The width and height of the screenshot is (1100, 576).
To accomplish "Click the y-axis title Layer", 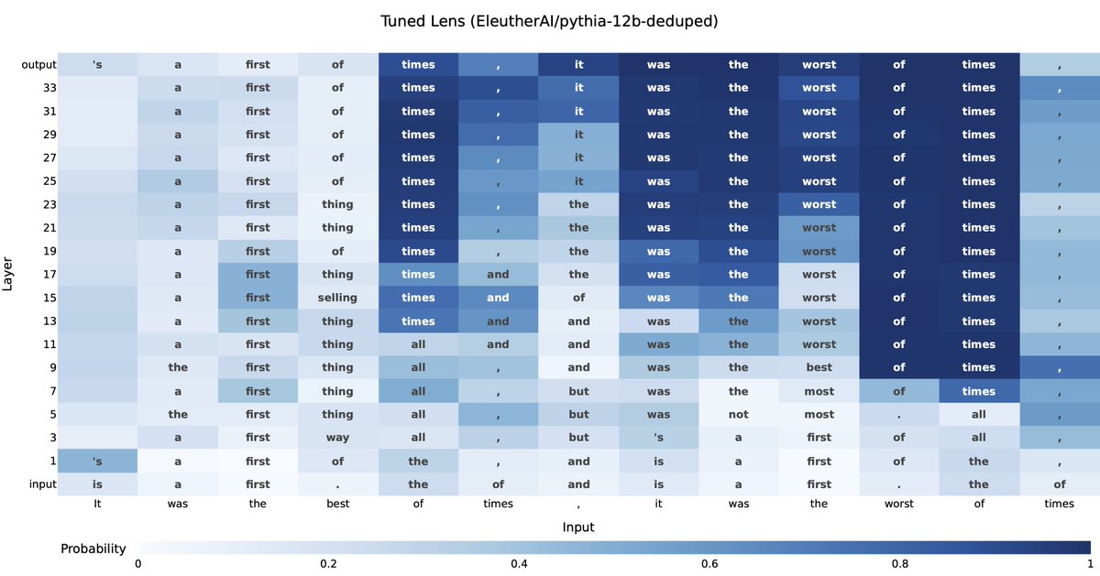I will click(x=8, y=274).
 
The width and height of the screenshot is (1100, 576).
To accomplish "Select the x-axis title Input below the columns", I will click(x=578, y=527).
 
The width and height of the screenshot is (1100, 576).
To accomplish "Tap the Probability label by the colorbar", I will click(x=93, y=549).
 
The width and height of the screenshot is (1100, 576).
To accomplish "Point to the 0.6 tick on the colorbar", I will click(x=709, y=564).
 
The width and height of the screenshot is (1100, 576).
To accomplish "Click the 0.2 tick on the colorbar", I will click(x=328, y=564).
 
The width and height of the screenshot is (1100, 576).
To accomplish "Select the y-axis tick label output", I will click(x=39, y=65).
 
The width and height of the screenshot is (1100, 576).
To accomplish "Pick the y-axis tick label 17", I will click(x=50, y=274).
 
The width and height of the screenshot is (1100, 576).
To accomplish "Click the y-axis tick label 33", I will click(x=50, y=88).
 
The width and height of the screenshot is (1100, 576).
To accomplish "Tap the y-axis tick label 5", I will click(x=53, y=414).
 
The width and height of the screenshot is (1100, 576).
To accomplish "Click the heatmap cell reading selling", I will click(x=337, y=298).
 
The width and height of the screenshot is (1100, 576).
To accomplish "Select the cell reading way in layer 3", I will click(x=337, y=438).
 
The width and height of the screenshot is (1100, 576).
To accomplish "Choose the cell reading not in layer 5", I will click(x=739, y=414).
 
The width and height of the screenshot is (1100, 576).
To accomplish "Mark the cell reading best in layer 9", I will click(x=819, y=367).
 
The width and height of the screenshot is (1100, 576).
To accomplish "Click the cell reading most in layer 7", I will click(x=819, y=391).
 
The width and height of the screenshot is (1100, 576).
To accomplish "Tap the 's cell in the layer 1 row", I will click(x=98, y=461).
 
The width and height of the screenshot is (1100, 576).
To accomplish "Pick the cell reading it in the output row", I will click(x=578, y=65).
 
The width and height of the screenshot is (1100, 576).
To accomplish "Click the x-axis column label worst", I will click(x=899, y=503).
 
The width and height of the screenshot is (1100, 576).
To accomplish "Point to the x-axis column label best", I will click(x=337, y=503).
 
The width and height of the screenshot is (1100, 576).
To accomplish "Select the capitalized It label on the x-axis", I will click(x=98, y=503).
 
